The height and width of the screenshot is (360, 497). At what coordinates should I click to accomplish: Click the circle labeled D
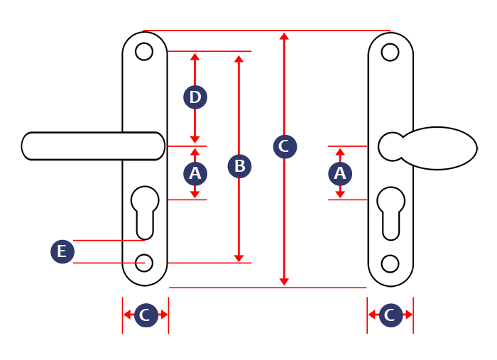195,97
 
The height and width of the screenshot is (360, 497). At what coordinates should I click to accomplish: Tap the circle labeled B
239,166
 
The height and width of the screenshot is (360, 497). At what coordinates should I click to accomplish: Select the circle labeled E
62,251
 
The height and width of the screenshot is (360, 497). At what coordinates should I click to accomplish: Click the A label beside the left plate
195,173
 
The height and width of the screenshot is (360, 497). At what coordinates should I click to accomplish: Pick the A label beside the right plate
340,173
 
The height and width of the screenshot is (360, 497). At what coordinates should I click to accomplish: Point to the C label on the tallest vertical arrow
285,147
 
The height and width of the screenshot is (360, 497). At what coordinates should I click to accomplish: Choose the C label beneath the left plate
146,315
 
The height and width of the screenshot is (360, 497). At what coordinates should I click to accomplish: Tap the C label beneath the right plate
390,315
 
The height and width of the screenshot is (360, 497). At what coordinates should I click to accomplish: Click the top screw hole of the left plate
144,52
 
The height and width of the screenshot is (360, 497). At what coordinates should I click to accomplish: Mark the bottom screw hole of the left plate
144,263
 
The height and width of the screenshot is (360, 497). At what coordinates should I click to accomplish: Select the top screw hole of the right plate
390,52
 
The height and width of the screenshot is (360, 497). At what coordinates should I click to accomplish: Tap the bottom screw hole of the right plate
390,263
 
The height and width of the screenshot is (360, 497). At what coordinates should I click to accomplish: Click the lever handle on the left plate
85,146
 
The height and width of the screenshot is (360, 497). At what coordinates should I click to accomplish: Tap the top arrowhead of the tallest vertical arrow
284,36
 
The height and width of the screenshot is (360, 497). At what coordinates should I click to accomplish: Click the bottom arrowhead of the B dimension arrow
239,258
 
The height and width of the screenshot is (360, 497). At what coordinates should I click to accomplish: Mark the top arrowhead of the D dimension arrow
195,56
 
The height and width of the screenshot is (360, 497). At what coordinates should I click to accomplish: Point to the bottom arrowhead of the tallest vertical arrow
284,282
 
